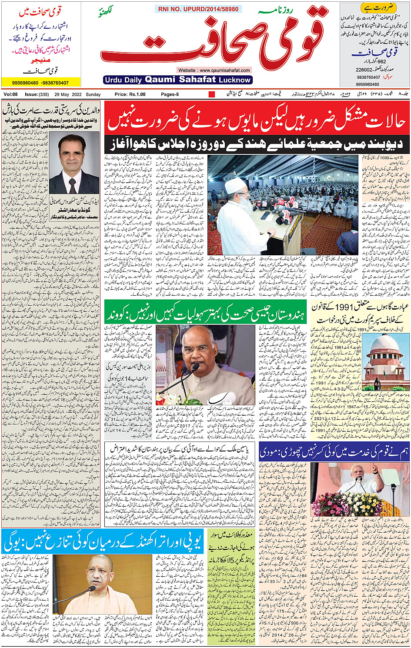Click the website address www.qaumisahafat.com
(214, 70)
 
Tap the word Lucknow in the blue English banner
(235, 80)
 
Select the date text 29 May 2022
(68, 94)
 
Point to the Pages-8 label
(170, 94)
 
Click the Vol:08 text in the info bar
(10, 94)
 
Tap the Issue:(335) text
(37, 94)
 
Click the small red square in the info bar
(212, 94)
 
